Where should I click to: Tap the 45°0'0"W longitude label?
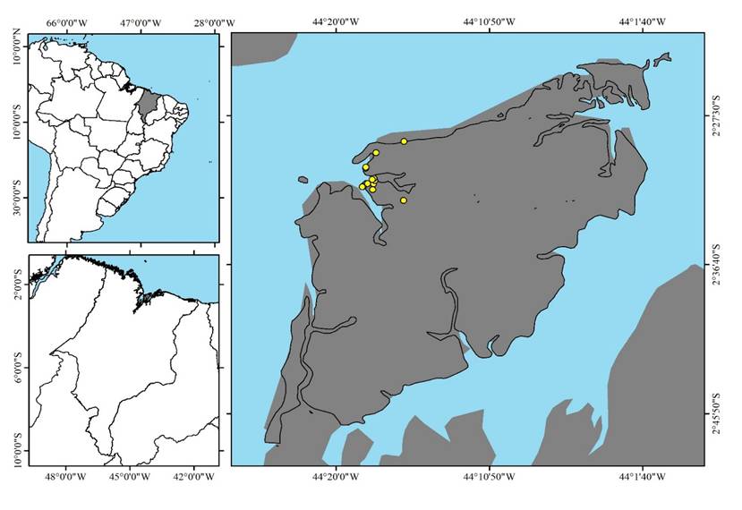[x=128, y=477]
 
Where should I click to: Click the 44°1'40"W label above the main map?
[x=642, y=21]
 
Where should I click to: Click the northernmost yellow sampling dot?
[x=405, y=141]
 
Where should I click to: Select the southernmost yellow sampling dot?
[x=404, y=200]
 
